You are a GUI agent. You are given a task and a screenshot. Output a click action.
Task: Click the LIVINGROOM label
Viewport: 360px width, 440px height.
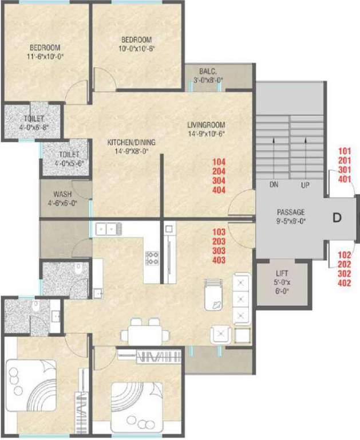(x=206, y=124)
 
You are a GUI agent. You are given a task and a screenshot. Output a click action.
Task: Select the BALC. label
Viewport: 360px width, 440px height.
(x=207, y=72)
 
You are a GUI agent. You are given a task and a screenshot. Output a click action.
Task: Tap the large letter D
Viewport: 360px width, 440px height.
(x=338, y=218)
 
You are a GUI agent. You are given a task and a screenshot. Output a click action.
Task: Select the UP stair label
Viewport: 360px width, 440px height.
(x=306, y=185)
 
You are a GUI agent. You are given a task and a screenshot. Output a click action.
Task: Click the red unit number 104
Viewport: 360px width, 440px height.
(x=219, y=162)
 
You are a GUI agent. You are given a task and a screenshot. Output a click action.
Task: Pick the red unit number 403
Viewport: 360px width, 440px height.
(x=219, y=260)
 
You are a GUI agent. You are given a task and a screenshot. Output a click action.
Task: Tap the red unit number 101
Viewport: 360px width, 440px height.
(x=344, y=151)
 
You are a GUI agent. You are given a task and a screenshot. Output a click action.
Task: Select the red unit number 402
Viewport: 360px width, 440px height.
(x=344, y=282)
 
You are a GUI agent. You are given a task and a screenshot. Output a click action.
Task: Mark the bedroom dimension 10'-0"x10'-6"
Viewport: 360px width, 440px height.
(x=136, y=49)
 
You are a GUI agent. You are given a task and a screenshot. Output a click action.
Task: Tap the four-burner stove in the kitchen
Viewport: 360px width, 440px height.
(x=152, y=258)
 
